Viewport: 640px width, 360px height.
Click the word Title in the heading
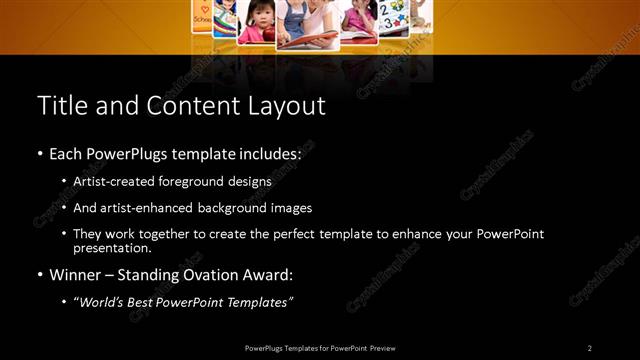click(x=61, y=105)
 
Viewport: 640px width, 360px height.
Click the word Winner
click(x=74, y=274)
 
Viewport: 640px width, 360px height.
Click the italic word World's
click(x=100, y=301)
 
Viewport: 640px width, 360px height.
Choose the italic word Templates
click(x=258, y=301)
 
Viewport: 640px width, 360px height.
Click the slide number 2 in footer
click(x=589, y=347)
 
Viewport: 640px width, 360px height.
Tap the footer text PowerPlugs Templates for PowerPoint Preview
click(x=320, y=347)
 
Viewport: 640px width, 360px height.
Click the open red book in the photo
click(x=305, y=40)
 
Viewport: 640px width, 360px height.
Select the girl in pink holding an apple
click(x=254, y=22)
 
